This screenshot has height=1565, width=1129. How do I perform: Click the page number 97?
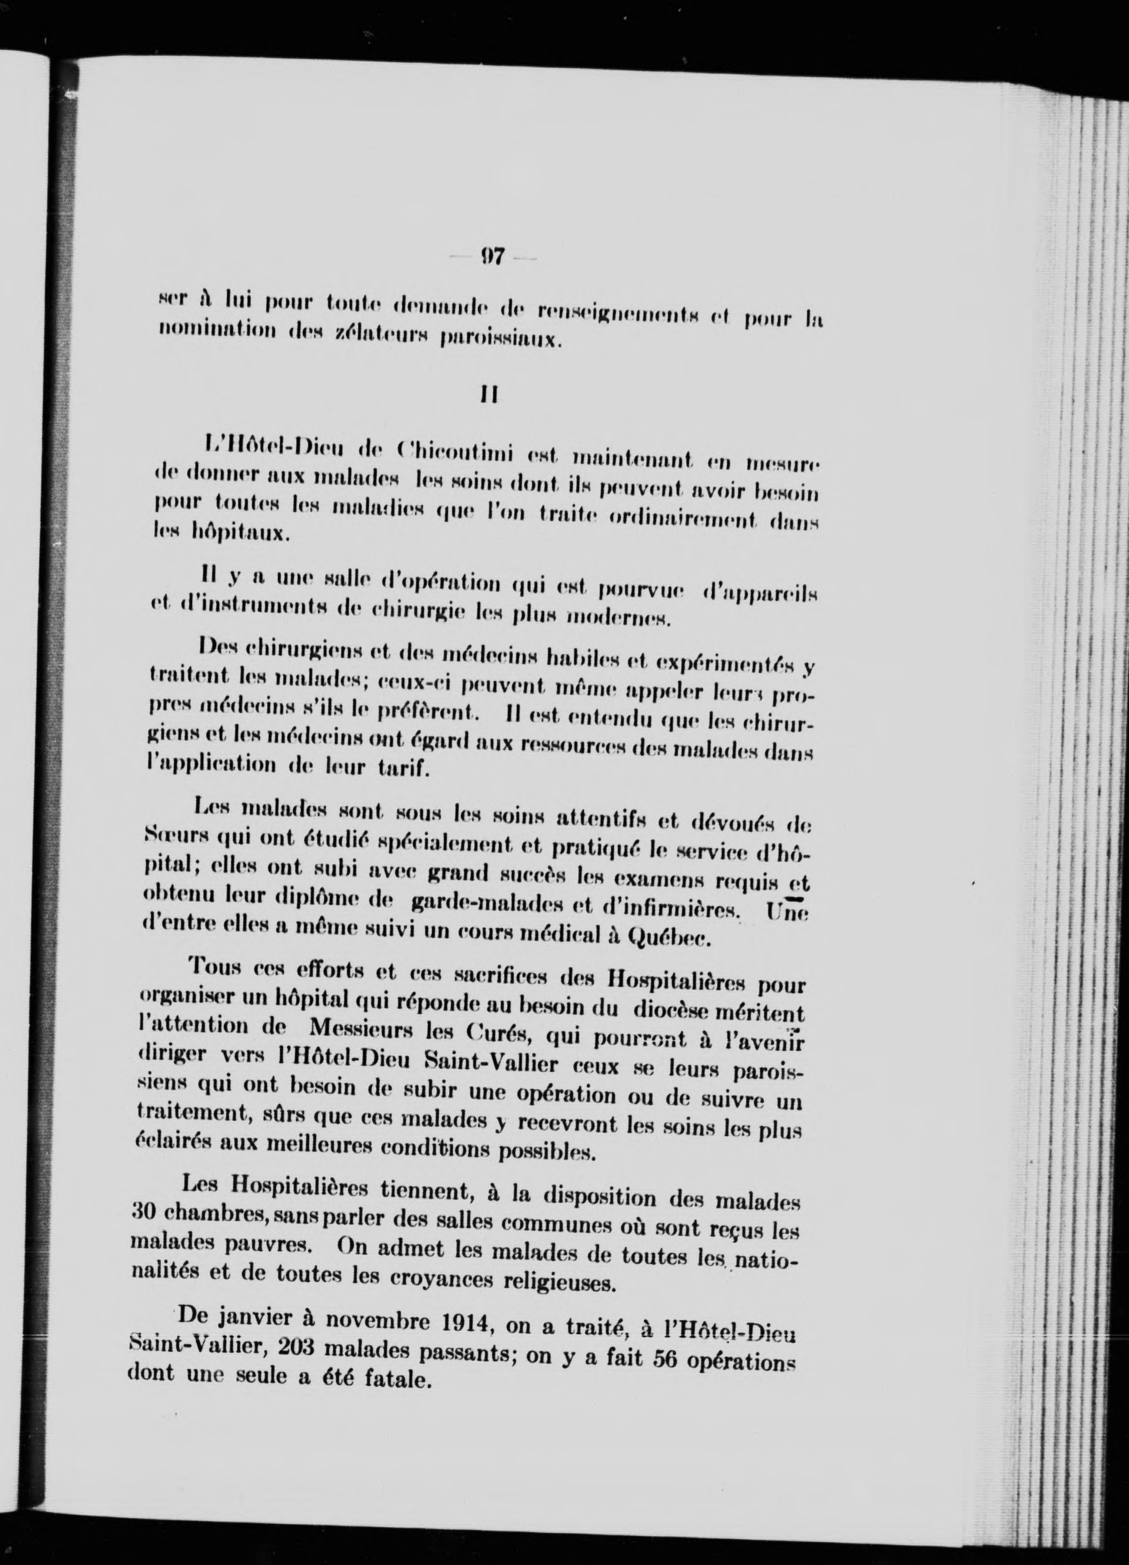coord(493,258)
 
